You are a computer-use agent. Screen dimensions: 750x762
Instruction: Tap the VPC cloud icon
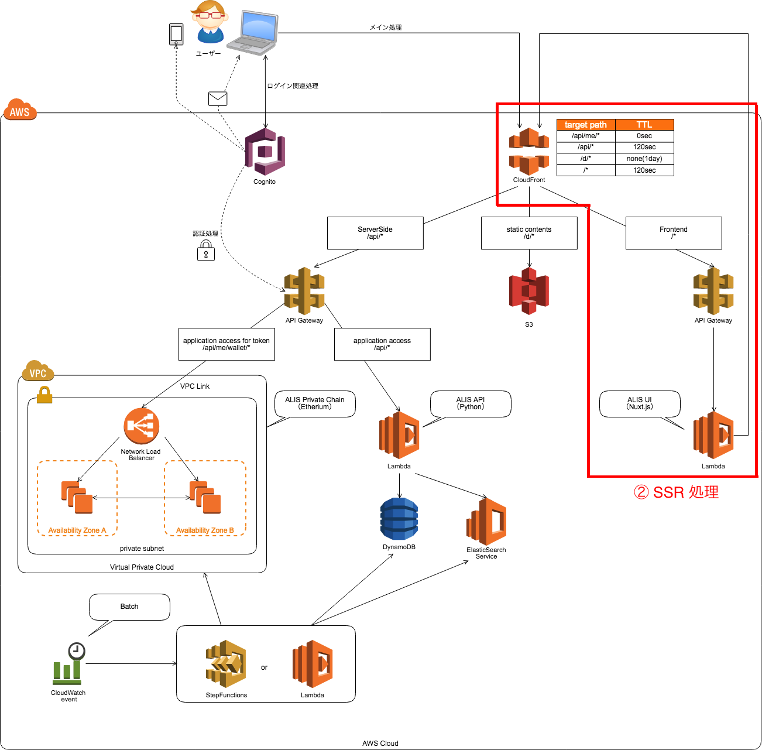click(38, 371)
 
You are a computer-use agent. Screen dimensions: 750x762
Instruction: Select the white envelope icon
click(218, 98)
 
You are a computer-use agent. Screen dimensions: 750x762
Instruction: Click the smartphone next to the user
click(176, 35)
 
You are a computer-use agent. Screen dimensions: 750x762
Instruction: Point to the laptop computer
click(253, 33)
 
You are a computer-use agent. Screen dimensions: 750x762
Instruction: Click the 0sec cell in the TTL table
click(644, 136)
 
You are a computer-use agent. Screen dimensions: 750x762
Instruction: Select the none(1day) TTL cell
click(644, 159)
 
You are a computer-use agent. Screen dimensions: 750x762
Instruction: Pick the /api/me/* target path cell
click(586, 136)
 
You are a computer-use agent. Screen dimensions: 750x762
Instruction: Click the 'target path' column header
click(586, 125)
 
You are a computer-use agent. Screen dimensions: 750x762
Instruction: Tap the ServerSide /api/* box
click(375, 233)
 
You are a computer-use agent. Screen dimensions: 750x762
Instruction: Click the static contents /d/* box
click(529, 233)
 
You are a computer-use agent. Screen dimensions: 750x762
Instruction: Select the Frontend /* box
click(674, 233)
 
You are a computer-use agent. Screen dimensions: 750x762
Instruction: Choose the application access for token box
click(226, 344)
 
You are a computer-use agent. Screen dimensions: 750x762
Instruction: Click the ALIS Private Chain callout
click(315, 403)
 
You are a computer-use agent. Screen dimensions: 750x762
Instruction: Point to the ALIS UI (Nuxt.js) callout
click(640, 403)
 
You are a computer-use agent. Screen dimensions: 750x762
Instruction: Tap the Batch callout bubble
click(129, 607)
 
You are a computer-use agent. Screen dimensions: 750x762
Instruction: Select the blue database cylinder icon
click(399, 519)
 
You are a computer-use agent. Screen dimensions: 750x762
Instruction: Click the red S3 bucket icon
click(529, 291)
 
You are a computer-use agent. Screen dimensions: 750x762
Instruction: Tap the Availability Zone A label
click(77, 530)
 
